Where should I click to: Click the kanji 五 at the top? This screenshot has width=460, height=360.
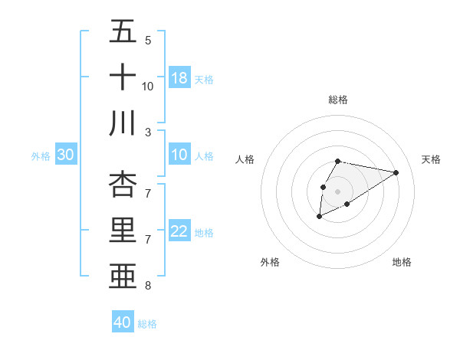(123, 31)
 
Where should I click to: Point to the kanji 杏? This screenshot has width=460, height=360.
(123, 184)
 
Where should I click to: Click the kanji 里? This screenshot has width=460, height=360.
(123, 230)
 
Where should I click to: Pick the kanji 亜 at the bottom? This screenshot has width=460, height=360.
(123, 275)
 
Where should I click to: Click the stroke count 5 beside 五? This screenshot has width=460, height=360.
(148, 40)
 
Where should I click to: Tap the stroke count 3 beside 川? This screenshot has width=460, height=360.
(148, 132)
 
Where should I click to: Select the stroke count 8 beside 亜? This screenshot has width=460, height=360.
(148, 286)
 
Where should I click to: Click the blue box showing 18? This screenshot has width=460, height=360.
(179, 78)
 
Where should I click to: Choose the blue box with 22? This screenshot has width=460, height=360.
(179, 232)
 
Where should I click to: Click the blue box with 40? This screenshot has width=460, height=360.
(123, 323)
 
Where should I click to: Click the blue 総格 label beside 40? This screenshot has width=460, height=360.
(147, 324)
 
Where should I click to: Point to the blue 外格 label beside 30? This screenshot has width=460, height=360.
(41, 156)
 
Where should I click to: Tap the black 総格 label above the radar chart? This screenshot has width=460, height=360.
(338, 100)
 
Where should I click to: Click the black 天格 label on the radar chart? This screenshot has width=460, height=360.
(432, 159)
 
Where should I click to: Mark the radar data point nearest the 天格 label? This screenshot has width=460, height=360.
(396, 172)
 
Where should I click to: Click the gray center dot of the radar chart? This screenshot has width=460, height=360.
(337, 190)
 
